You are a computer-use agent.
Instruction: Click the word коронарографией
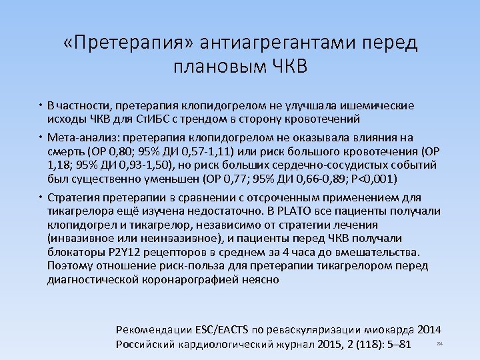coord(195,279)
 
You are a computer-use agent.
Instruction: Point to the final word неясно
coord(261,279)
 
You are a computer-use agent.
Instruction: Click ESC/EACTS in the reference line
coord(223,329)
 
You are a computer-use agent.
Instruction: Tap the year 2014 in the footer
coord(429,329)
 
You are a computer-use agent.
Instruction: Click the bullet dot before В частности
coord(41,105)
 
